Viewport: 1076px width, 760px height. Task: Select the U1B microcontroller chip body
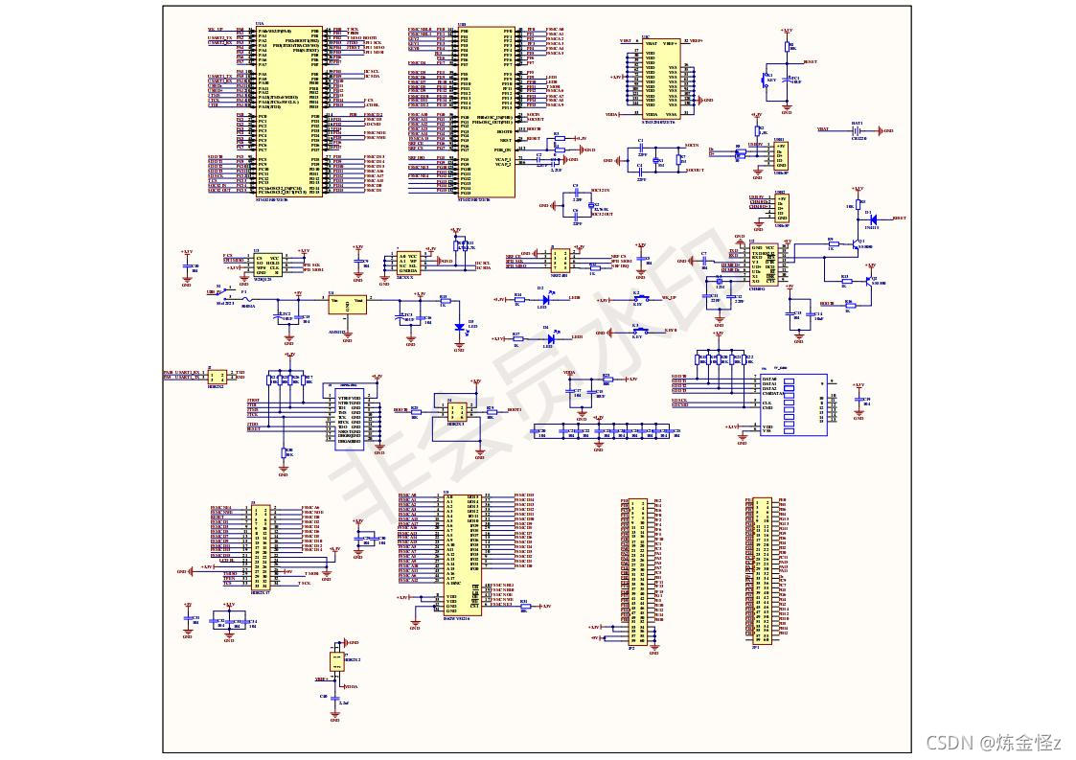(487, 111)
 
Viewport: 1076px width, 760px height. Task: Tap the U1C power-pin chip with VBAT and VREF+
(660, 77)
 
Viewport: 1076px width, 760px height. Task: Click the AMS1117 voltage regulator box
(347, 304)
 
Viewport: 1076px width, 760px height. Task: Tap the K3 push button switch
(637, 332)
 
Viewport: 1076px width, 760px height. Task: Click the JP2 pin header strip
(630, 571)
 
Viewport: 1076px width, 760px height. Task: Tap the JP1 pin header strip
(762, 569)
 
